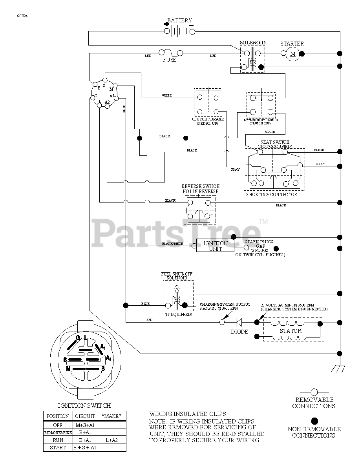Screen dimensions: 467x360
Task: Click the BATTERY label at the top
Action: pyautogui.click(x=179, y=20)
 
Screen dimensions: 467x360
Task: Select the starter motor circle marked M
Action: pyautogui.click(x=292, y=53)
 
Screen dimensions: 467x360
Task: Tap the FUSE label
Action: pyautogui.click(x=170, y=60)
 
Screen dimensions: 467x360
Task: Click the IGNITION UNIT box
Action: pyautogui.click(x=215, y=246)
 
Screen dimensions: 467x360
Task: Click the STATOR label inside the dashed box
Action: pyautogui.click(x=291, y=331)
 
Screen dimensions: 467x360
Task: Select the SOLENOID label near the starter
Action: pyautogui.click(x=252, y=42)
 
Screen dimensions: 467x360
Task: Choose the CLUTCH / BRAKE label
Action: pyautogui.click(x=208, y=119)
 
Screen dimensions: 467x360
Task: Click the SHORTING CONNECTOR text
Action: pyautogui.click(x=272, y=194)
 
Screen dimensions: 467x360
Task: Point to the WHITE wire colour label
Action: pyautogui.click(x=166, y=95)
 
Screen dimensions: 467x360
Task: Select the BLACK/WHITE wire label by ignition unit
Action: pyautogui.click(x=173, y=244)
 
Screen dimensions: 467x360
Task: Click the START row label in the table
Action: pyautogui.click(x=57, y=447)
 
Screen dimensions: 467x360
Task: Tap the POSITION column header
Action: pyautogui.click(x=57, y=416)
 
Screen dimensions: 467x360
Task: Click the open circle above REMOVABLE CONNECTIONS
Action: pyautogui.click(x=314, y=392)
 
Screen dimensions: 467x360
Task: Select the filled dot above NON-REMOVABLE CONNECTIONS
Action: pyautogui.click(x=314, y=420)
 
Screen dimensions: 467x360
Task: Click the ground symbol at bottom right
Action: pyautogui.click(x=338, y=368)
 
